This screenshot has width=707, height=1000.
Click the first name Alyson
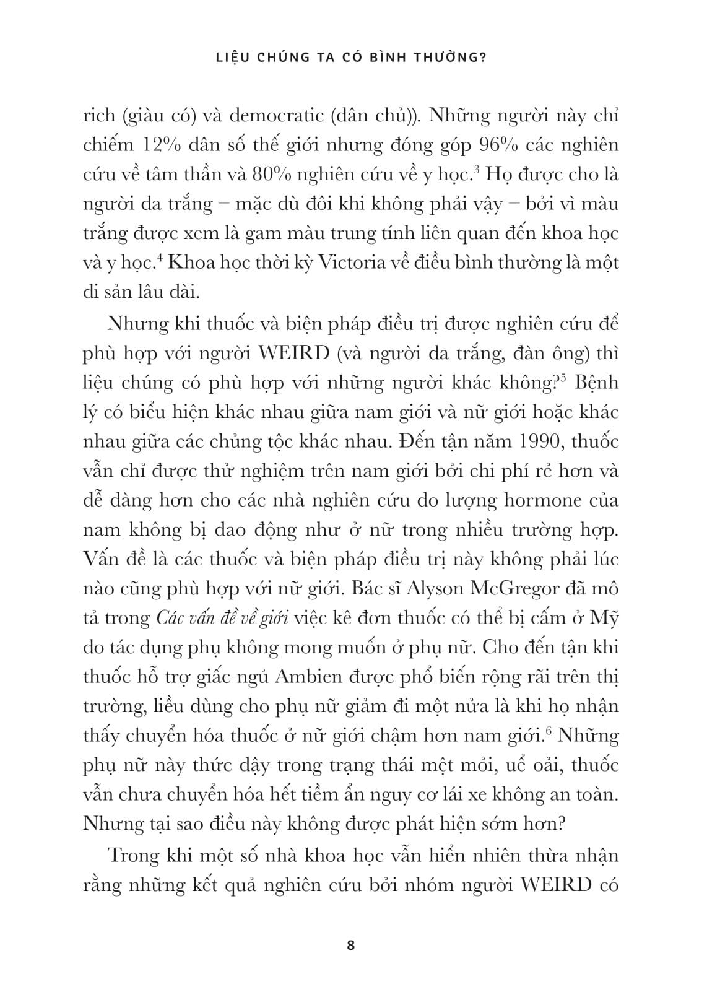(x=441, y=589)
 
